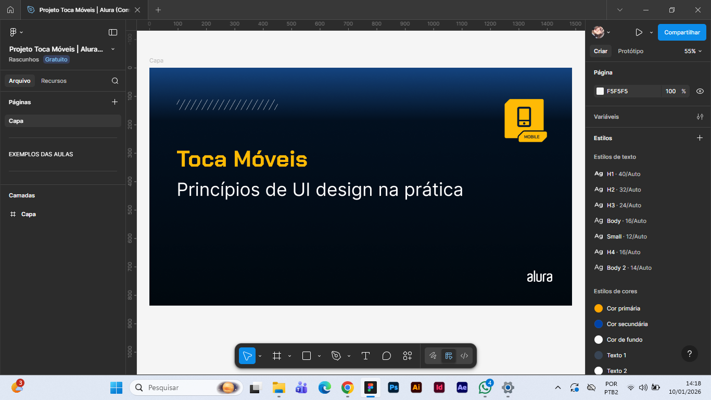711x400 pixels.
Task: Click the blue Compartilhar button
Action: click(x=682, y=32)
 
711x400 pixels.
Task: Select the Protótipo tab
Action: click(x=630, y=51)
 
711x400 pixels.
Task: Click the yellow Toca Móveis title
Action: click(x=242, y=159)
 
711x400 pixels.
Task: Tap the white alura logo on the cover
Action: click(x=539, y=277)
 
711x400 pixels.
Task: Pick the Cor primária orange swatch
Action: click(x=599, y=308)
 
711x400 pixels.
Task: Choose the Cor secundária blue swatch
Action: click(x=599, y=324)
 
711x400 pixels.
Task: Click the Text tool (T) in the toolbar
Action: click(x=365, y=356)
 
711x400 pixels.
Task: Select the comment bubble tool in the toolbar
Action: click(x=386, y=356)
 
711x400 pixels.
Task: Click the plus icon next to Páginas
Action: click(x=115, y=102)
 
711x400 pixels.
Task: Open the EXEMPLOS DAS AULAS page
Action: click(x=41, y=154)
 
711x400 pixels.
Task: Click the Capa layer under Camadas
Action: click(x=28, y=214)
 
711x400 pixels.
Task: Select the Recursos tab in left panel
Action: click(x=54, y=81)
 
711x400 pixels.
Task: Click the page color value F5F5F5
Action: click(x=617, y=91)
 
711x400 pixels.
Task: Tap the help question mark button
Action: click(x=689, y=354)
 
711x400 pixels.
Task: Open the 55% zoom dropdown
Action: click(x=693, y=51)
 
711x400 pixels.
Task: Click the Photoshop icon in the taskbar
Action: click(x=393, y=387)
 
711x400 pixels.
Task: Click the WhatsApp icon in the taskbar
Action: click(x=485, y=387)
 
